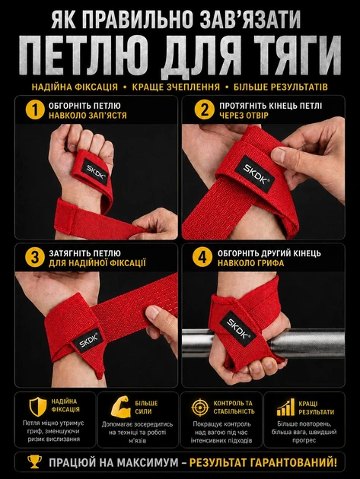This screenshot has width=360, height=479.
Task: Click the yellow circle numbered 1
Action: (35, 110)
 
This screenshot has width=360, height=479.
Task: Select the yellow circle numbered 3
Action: (35, 258)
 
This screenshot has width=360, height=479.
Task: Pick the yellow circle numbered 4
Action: (202, 258)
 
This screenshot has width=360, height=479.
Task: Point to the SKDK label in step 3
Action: (88, 339)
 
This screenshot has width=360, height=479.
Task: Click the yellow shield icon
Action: (38, 407)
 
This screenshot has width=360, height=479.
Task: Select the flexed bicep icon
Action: (120, 407)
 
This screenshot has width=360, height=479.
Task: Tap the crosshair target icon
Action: (200, 408)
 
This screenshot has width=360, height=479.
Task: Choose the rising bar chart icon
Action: (285, 408)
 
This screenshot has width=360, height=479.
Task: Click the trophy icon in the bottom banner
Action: (34, 462)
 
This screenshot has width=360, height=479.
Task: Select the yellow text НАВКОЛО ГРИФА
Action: (251, 263)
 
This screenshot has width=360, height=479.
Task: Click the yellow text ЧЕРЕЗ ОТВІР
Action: (244, 116)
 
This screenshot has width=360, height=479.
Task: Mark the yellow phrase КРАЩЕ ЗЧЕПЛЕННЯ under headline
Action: (176, 87)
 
